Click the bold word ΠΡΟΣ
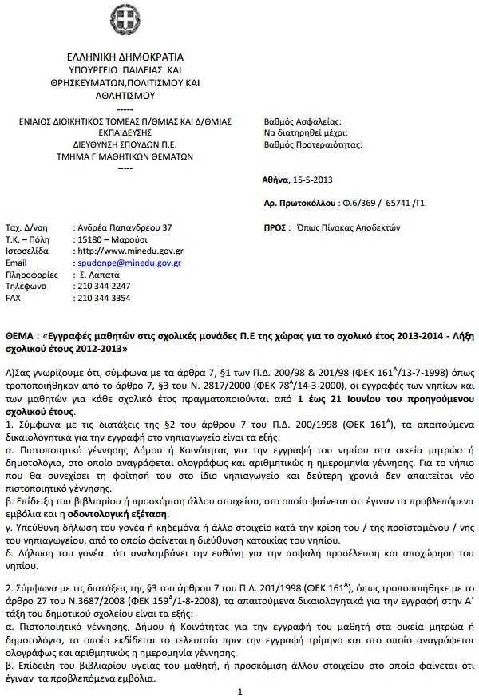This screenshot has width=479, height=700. click(x=275, y=227)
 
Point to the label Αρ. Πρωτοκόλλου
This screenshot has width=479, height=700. click(x=299, y=204)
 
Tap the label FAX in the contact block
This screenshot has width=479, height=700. click(x=14, y=297)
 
